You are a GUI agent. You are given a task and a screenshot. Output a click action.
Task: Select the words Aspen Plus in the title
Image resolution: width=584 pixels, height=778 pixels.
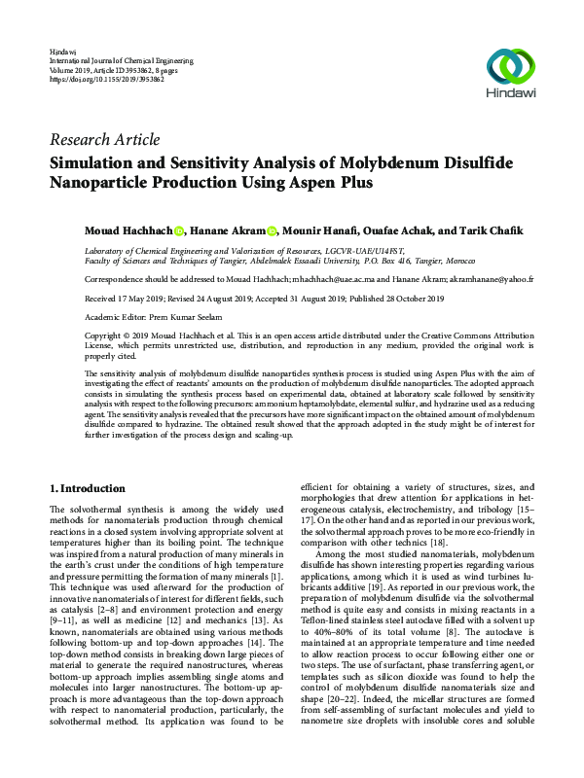[330, 182]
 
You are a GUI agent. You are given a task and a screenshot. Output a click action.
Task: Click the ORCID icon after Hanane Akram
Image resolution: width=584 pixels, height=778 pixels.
[272, 231]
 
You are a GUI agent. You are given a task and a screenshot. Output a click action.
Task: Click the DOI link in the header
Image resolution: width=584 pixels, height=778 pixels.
[106, 79]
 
